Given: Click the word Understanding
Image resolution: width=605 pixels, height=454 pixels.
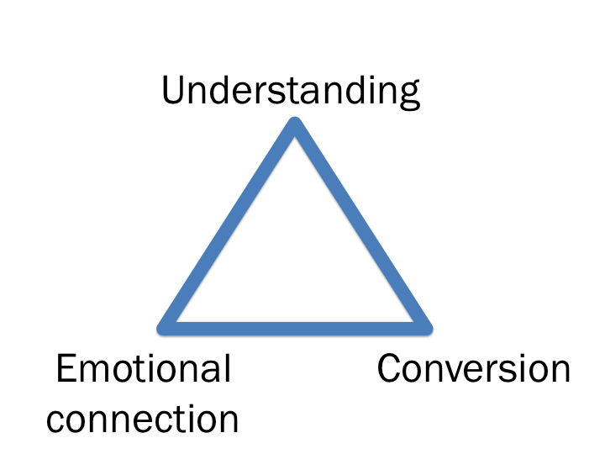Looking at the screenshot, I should point(290,91).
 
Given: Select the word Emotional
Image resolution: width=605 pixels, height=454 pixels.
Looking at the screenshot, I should point(144,369).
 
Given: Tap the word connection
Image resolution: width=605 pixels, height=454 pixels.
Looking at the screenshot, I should point(144,418).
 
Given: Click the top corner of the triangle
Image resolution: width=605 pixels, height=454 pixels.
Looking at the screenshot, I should point(295,126).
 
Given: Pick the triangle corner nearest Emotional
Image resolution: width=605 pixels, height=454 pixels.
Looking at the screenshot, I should point(166,325).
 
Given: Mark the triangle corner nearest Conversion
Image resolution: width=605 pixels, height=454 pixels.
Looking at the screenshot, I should point(424,325).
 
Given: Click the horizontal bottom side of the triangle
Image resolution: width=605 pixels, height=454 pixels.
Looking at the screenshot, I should point(295,325).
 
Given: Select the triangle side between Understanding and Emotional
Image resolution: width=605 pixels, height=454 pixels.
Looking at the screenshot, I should point(229,225).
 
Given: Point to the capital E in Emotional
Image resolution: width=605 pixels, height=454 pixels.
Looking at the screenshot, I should point(66,369).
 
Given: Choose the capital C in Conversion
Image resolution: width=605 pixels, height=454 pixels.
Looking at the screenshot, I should point(391,369).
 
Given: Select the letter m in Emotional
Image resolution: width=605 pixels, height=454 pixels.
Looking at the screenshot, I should point(94,372).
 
